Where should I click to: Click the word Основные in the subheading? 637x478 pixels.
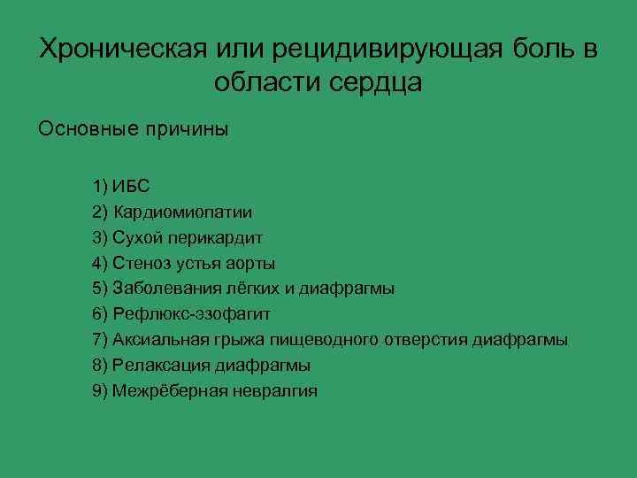(x=81, y=129)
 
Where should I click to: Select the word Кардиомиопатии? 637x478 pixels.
(x=181, y=212)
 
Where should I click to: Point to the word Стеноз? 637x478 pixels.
(x=137, y=263)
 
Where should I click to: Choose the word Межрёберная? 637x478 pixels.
(x=167, y=390)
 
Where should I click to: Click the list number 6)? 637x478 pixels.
(x=99, y=314)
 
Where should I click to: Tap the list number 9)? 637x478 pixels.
(x=99, y=390)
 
